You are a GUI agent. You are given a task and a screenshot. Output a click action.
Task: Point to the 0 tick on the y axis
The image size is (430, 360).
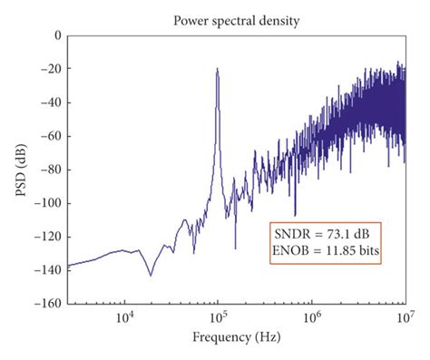click(56, 35)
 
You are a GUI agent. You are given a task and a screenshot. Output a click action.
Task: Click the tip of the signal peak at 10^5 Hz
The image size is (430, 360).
click(217, 69)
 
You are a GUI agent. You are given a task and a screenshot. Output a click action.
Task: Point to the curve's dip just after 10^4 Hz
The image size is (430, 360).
click(151, 275)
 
